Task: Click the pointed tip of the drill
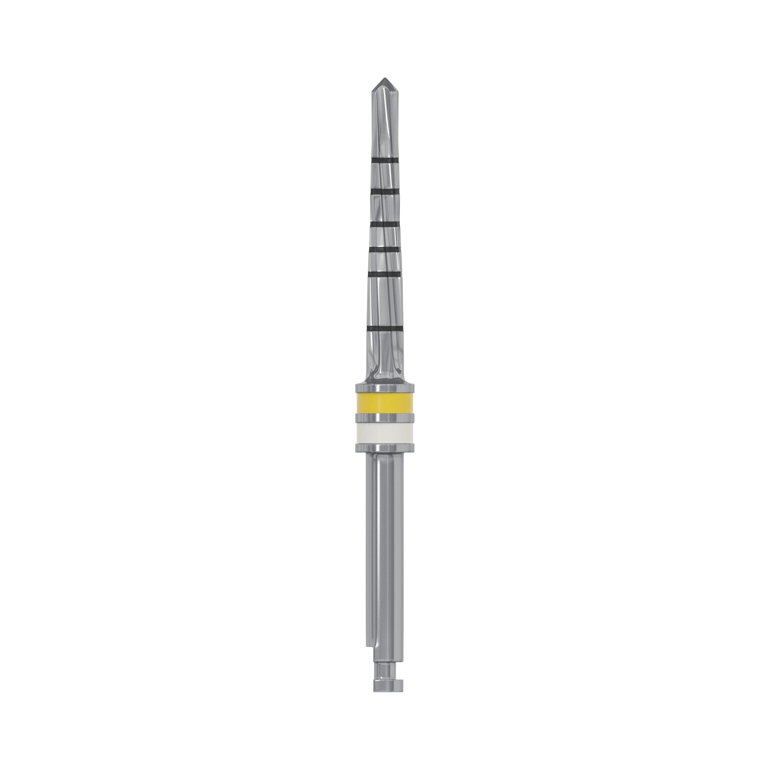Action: tap(384, 80)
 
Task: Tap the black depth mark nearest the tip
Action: tap(384, 160)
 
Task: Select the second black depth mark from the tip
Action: tap(384, 192)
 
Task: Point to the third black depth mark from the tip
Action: tap(384, 225)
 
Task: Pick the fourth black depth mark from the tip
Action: tap(384, 249)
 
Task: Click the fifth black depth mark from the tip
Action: tap(384, 274)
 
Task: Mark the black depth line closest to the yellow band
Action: tap(384, 328)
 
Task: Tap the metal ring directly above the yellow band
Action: tap(384, 388)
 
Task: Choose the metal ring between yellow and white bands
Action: tap(384, 418)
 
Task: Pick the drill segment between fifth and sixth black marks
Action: tap(384, 301)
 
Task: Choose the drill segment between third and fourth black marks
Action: tap(384, 237)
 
